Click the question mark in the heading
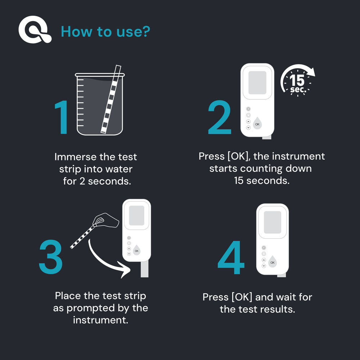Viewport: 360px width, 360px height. coord(146,31)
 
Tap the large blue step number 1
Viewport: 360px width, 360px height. coord(62,117)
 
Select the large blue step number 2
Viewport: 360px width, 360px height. coord(220,117)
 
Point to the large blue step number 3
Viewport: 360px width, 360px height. coord(51,257)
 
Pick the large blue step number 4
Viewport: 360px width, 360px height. coord(231,257)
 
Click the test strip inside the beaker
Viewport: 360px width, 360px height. coord(111,99)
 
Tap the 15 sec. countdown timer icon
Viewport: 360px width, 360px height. coord(298,80)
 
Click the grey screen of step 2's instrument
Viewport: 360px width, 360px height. coord(257,83)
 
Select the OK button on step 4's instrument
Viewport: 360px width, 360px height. coord(273,262)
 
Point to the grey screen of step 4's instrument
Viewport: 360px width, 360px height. coord(273,222)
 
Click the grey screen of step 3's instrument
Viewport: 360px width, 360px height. coord(136,216)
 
